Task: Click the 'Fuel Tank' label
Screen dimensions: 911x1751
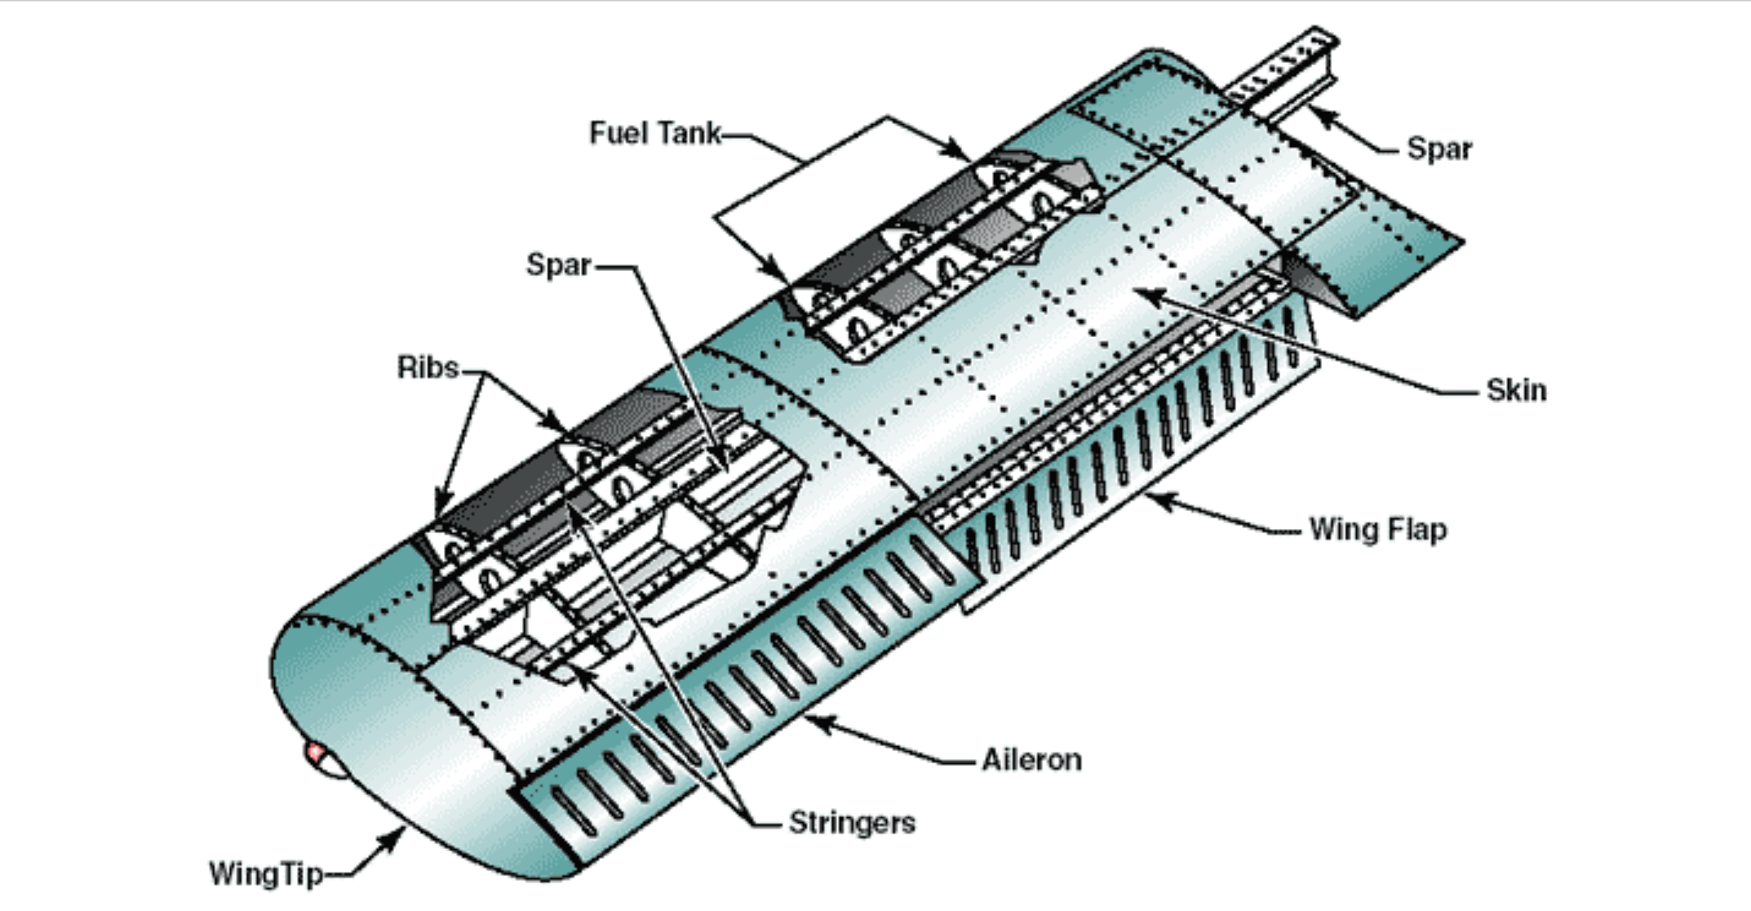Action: [x=654, y=133]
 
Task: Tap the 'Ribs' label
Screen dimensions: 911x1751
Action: [x=428, y=367]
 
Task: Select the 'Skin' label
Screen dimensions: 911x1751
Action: [x=1515, y=390]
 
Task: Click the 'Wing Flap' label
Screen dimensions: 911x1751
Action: [x=1377, y=529]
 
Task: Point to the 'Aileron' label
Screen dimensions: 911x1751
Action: [x=1031, y=759]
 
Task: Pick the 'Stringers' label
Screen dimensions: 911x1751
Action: [x=852, y=822]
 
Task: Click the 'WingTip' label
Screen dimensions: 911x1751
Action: [x=266, y=873]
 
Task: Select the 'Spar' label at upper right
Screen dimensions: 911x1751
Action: [x=1439, y=149]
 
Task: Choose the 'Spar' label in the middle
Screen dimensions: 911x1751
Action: [x=558, y=264]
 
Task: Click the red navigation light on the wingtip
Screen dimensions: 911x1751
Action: [x=315, y=753]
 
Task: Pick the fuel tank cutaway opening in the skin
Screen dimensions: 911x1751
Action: [x=938, y=253]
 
